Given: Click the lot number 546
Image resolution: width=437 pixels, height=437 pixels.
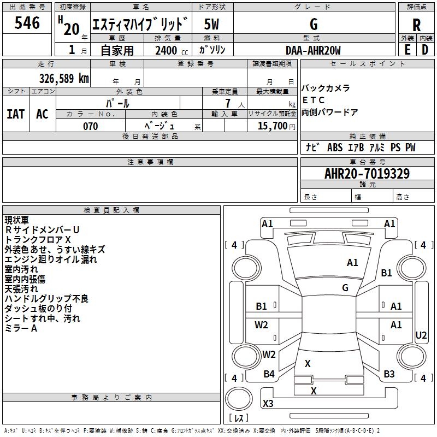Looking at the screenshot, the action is (27, 23).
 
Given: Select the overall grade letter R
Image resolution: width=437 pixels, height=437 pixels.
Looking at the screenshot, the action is (416, 25).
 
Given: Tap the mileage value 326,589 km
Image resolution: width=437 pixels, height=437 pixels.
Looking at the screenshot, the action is (64, 79).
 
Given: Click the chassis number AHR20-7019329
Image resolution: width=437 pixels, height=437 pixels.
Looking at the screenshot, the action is (367, 174).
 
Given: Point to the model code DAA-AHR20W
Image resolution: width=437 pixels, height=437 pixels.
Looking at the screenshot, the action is (313, 50).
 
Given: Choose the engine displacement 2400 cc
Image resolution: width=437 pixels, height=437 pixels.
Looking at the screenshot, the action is (172, 50).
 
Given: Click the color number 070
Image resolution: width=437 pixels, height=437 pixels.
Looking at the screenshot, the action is (91, 126).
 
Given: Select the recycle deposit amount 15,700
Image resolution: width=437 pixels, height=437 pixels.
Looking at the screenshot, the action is (273, 126).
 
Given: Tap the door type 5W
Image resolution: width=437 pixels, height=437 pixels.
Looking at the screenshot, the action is (211, 24).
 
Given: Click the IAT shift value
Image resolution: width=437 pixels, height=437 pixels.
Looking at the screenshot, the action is (16, 114).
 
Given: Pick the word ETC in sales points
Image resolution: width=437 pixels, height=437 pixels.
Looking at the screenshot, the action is (313, 100).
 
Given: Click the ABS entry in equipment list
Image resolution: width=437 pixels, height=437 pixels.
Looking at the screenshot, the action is (335, 147).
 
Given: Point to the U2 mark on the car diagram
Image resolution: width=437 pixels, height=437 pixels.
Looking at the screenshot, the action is (421, 335).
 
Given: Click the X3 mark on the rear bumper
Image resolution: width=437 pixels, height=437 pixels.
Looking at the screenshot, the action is (268, 403).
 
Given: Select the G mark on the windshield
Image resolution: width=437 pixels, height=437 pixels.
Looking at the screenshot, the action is (345, 288).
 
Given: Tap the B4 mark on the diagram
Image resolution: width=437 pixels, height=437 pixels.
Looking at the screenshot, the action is (269, 374).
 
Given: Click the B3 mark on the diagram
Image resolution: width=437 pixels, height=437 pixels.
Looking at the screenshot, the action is (389, 374).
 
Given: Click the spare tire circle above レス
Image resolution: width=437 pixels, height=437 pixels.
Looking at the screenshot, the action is (239, 399).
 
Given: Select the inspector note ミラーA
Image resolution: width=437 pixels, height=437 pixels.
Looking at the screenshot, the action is (21, 328).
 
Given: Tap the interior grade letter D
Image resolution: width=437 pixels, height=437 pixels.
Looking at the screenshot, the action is (425, 50).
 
